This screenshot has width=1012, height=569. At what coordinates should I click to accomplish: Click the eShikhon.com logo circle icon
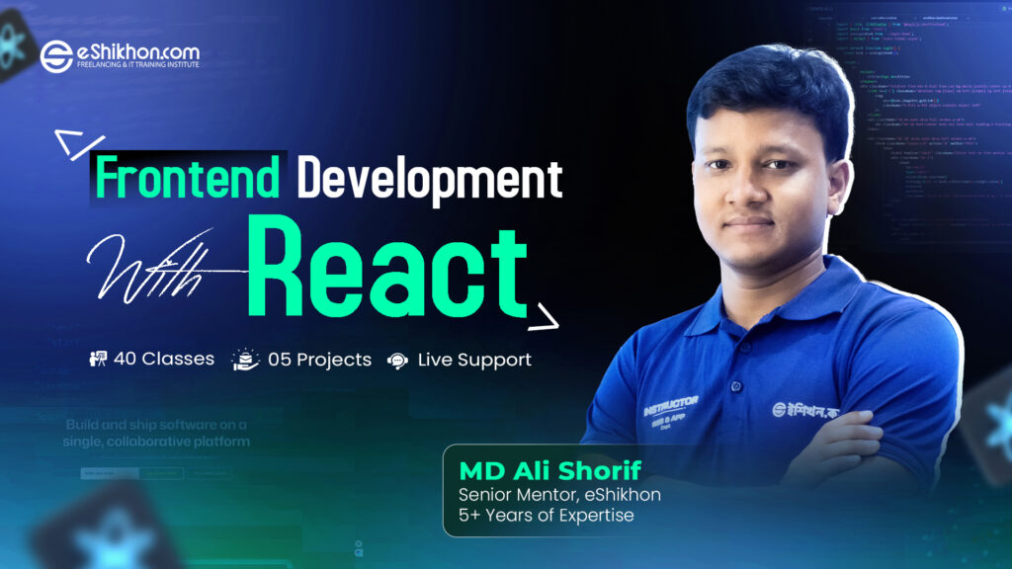coord(56,56)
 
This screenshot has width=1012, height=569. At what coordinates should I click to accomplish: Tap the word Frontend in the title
coord(188,180)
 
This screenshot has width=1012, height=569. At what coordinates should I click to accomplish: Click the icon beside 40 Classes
coord(98,360)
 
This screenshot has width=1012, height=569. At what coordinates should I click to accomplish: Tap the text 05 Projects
coord(319,360)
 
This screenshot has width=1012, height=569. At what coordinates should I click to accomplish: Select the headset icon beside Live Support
coord(397,360)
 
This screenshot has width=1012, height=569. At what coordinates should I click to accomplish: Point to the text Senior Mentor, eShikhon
coord(559,493)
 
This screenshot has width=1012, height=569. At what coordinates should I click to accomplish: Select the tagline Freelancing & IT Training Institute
coord(138,65)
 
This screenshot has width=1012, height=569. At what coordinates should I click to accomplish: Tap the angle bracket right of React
coord(543,318)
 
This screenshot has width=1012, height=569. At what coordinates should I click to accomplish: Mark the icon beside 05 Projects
coord(245,360)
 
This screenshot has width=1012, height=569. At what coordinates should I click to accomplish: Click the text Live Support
coord(474,360)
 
